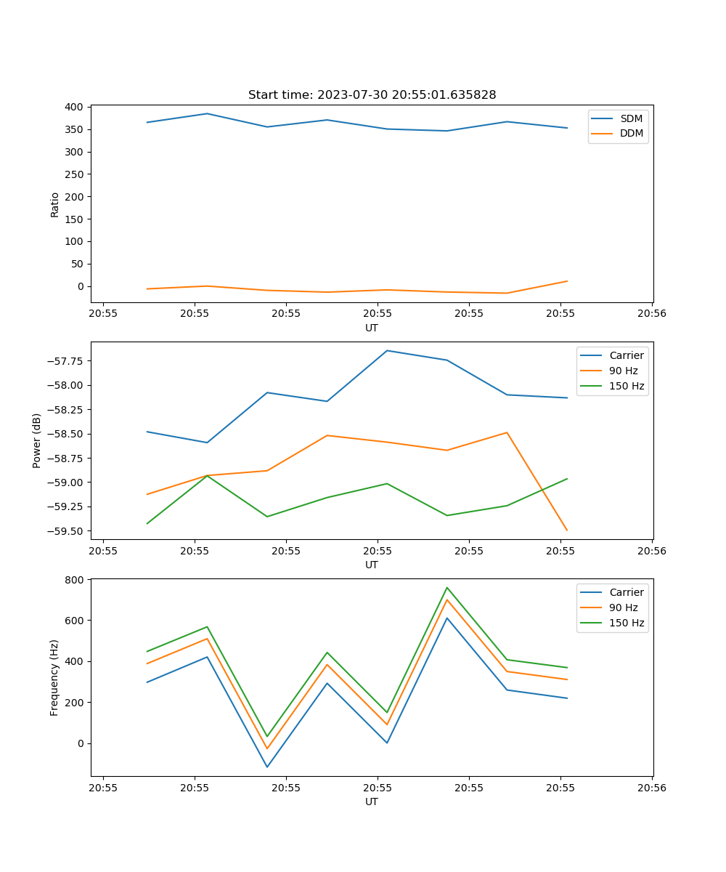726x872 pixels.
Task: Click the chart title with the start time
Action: (372, 95)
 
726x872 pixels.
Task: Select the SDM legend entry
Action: (631, 118)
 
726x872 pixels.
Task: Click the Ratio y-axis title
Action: (55, 204)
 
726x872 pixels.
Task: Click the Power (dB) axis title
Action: (37, 440)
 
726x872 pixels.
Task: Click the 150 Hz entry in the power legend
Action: (627, 386)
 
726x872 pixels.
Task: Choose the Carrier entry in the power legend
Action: (627, 355)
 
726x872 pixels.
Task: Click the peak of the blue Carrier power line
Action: (387, 350)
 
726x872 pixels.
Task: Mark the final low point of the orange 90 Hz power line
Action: (567, 530)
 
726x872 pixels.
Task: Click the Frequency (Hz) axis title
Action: (54, 677)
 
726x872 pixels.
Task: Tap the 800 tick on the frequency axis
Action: (75, 580)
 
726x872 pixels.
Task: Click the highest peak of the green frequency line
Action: (447, 587)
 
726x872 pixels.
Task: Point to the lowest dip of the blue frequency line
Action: (267, 767)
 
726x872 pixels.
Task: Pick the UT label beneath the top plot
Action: (372, 328)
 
